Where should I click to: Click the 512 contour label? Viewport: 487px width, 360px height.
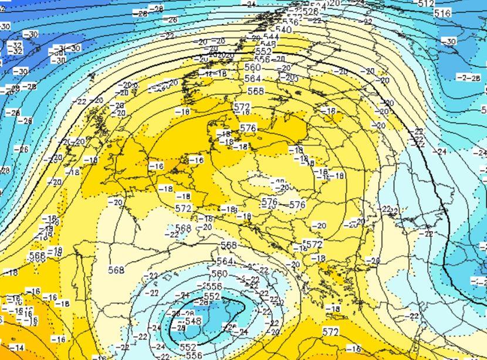pos(426,4)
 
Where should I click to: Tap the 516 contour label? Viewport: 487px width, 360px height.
pos(443,13)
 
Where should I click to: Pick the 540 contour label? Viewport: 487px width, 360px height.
pos(283,30)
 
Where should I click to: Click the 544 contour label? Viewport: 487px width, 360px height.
pos(271,36)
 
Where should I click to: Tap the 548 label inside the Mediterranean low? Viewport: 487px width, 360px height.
pos(194,321)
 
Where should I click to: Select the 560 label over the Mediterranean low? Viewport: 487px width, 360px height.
pos(219,274)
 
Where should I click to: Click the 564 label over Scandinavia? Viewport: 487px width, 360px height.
pos(253,79)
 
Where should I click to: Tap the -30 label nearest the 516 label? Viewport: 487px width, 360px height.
pos(449,41)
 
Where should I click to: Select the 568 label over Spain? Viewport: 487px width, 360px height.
pos(117,270)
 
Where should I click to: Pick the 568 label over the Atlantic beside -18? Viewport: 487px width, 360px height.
pos(37,256)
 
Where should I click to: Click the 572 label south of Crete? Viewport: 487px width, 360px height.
pos(330,332)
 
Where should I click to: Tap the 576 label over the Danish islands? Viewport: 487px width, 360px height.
pos(248,128)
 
